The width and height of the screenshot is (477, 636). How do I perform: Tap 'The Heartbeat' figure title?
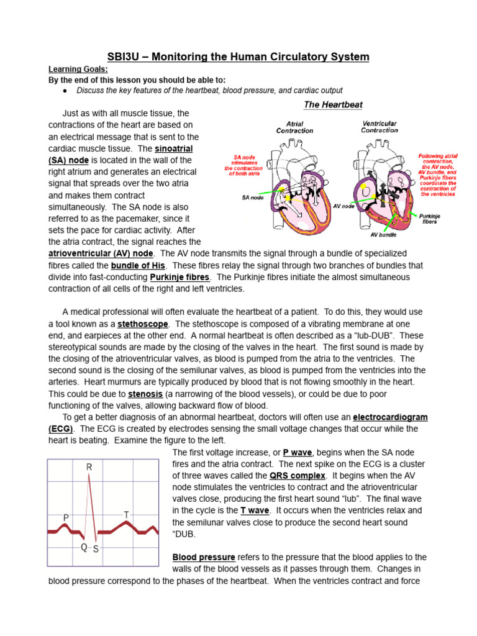click(x=333, y=105)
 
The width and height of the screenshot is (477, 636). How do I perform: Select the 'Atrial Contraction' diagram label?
click(x=295, y=127)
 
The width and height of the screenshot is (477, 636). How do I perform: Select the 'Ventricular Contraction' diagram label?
click(x=379, y=127)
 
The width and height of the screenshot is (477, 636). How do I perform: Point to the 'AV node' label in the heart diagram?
click(x=343, y=206)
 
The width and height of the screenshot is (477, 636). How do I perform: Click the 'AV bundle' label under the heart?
click(x=384, y=235)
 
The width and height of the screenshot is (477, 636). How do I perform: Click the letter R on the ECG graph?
click(x=89, y=466)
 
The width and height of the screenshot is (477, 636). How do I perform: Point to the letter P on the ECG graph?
click(x=66, y=517)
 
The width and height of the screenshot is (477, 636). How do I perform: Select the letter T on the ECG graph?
click(x=126, y=515)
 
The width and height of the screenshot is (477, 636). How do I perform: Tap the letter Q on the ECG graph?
click(x=84, y=547)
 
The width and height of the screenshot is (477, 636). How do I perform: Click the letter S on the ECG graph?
click(x=96, y=549)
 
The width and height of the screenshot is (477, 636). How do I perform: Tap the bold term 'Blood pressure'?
click(x=204, y=557)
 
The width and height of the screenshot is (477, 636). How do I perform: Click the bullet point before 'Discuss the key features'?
click(x=65, y=90)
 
